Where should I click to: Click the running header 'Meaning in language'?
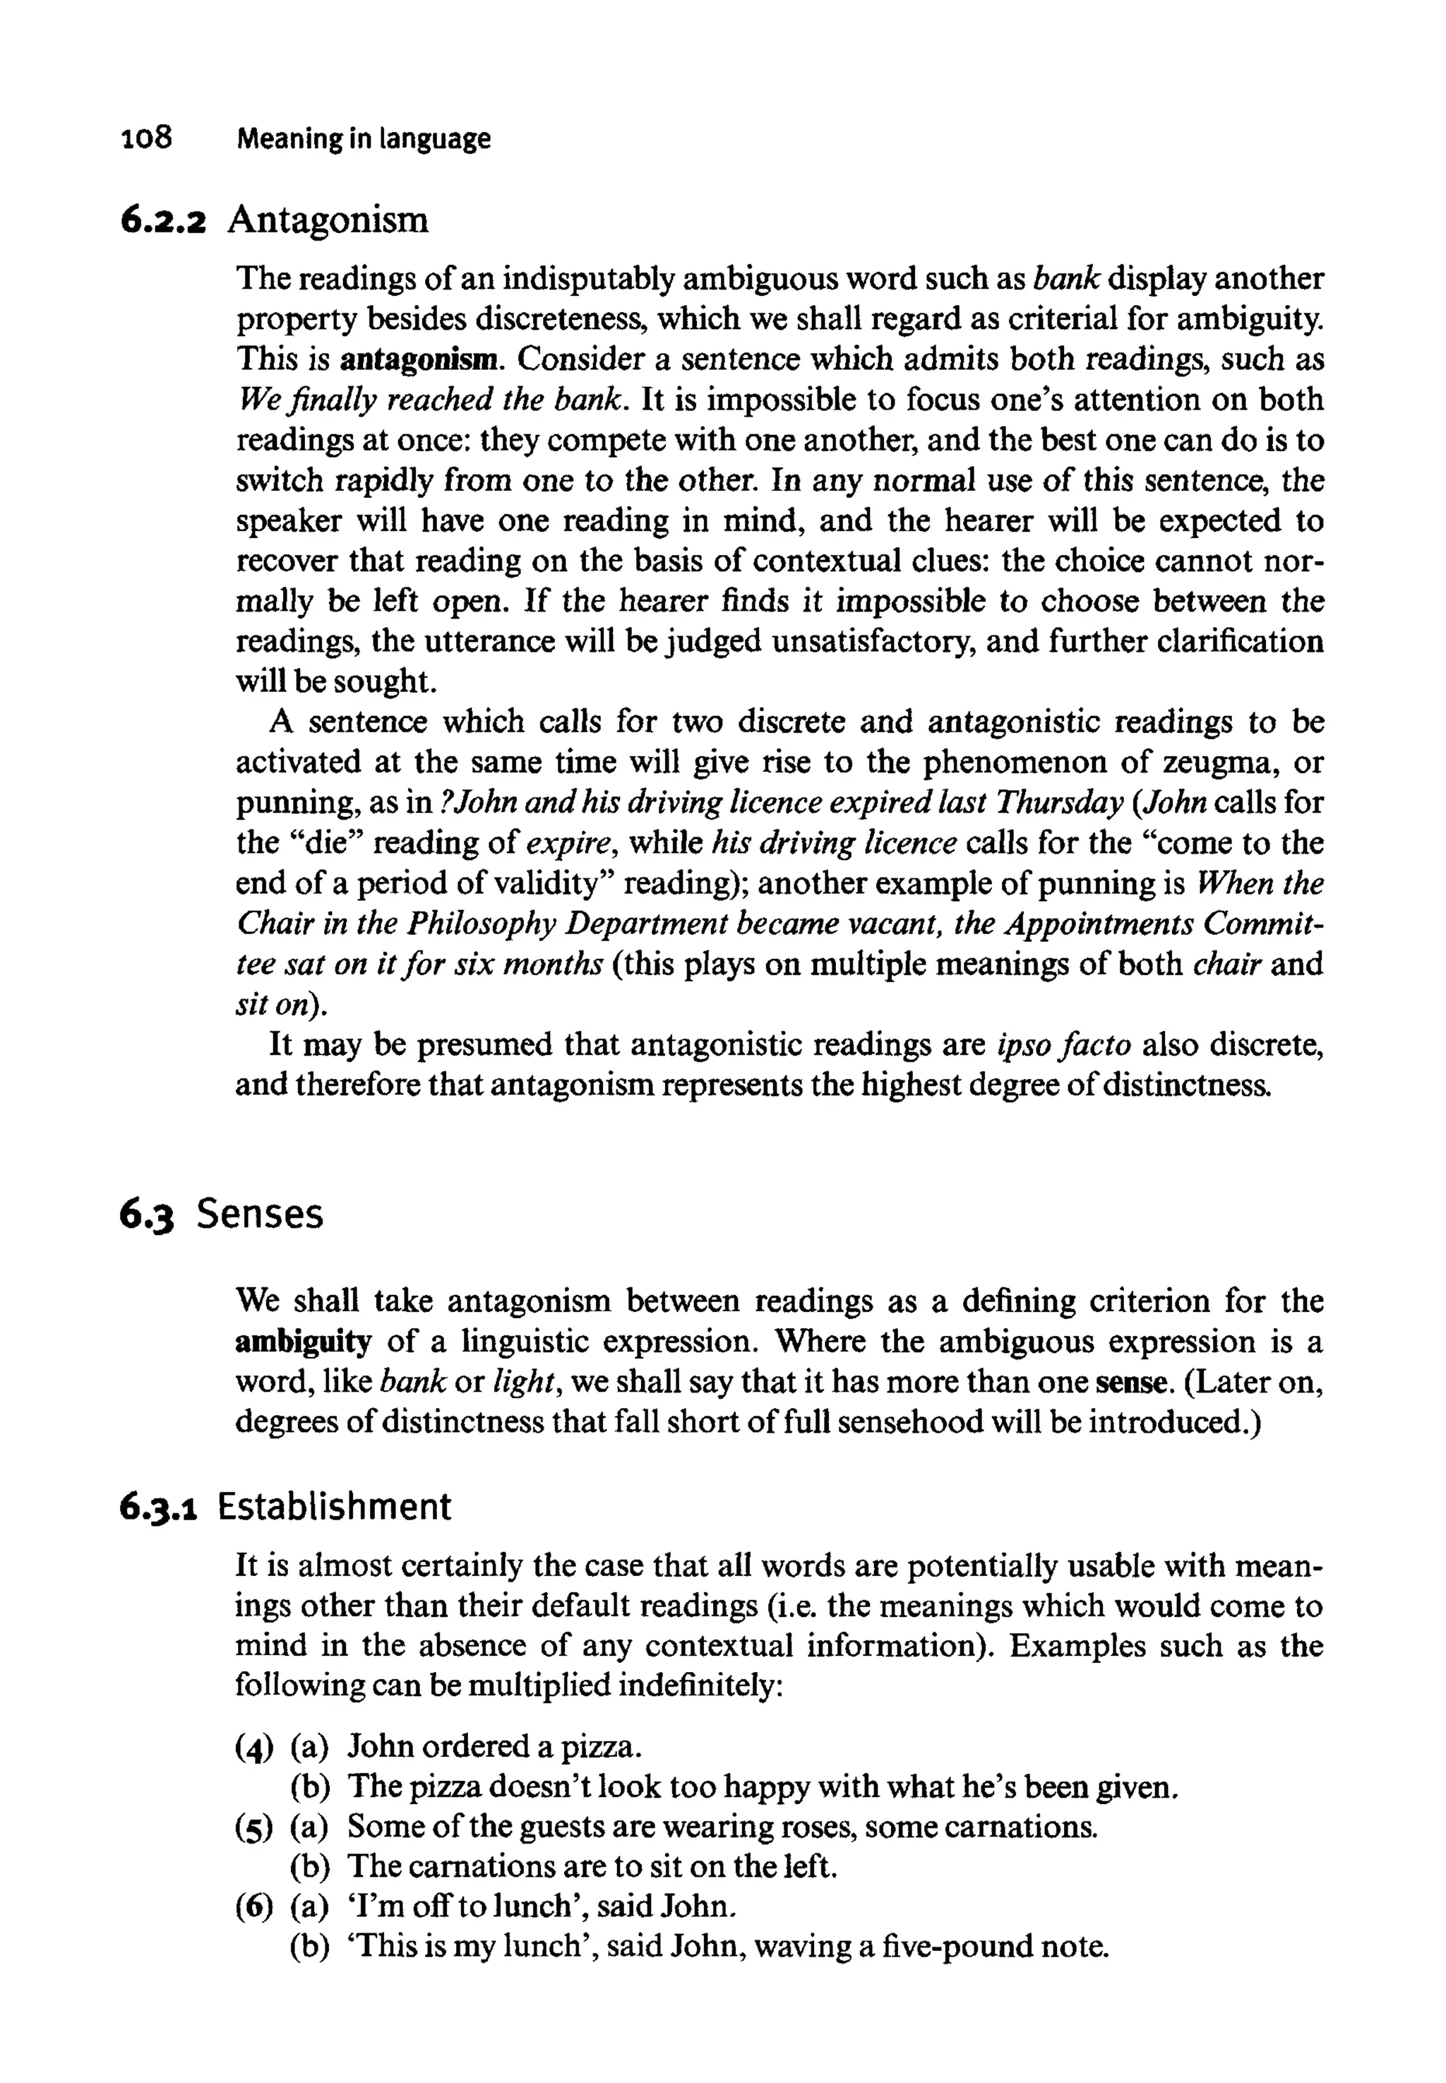point(364,140)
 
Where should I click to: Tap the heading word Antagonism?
point(328,220)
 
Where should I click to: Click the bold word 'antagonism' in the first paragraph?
point(419,359)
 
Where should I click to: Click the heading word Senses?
point(259,1214)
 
